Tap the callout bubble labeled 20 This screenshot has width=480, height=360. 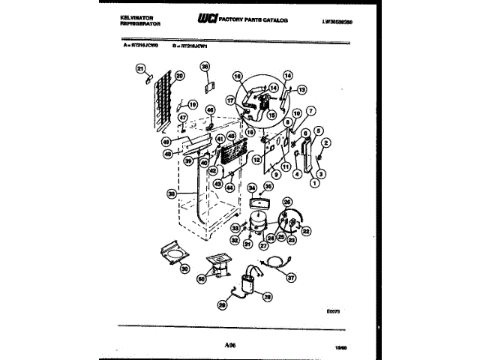(179, 76)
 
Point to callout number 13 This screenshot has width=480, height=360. (302, 89)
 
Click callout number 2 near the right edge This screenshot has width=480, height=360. (325, 142)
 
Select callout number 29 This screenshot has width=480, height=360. (221, 305)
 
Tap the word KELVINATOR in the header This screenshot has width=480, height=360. (137, 15)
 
